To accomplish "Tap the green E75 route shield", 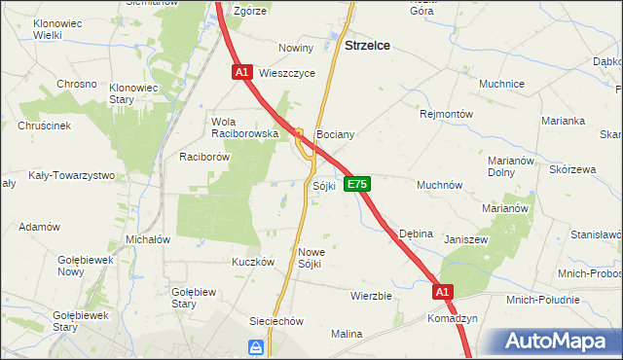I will point(357,183).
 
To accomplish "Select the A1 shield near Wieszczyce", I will point(243,72).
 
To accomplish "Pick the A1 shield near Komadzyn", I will point(443,291).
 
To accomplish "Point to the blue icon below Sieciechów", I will point(255,346).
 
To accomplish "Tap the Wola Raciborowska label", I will point(245,127).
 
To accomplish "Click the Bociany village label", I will point(335,135).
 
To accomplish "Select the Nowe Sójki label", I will point(310,257).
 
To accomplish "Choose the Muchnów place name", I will point(439,184).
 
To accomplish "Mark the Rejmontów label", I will point(446,114).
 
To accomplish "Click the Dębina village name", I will point(416,234).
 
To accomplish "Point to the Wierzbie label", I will point(371,295).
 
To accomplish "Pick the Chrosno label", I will point(76,84).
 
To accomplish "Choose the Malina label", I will point(346,334).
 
